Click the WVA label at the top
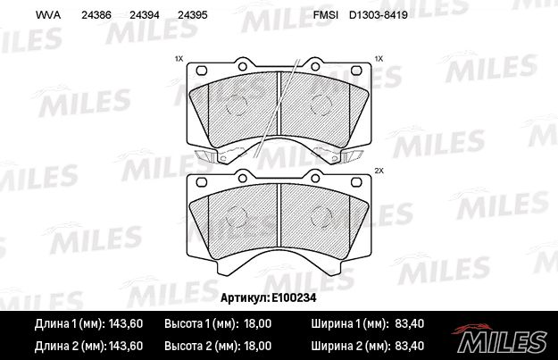pos(48,15)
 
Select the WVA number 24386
pos(96,15)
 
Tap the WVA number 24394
pos(144,15)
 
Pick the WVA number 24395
pos(192,15)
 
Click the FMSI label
pos(322,15)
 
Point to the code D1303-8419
pos(378,15)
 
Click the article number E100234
pos(294,297)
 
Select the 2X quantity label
pos(379,171)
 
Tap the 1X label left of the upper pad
pos(179,59)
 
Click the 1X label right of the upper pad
pos(379,59)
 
